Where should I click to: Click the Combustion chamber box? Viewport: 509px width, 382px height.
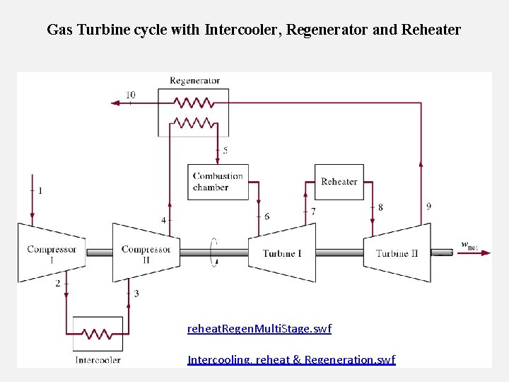point(218,182)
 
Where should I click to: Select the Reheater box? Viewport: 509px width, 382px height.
point(339,182)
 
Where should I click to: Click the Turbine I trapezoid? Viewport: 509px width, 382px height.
point(282,253)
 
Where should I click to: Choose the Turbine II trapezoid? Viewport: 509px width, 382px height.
point(397,253)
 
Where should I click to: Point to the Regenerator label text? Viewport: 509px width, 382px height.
point(194,81)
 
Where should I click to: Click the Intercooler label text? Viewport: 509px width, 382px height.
point(98,359)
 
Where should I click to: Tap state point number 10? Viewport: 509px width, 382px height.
point(131,95)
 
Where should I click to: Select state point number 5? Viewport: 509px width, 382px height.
point(225,151)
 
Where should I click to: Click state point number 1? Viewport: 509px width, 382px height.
point(40,190)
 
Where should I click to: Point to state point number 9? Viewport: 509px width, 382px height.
point(429,207)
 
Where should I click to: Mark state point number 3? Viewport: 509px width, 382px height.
point(136,293)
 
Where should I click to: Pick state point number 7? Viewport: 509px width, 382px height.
point(313,212)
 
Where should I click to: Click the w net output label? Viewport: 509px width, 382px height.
point(469,245)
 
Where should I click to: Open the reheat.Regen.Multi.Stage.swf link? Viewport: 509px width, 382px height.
point(259,329)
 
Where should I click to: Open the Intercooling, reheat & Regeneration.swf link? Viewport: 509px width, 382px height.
point(291,359)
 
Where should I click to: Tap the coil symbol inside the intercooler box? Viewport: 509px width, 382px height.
point(98,333)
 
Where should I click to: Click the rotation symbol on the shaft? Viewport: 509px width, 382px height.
point(214,253)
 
